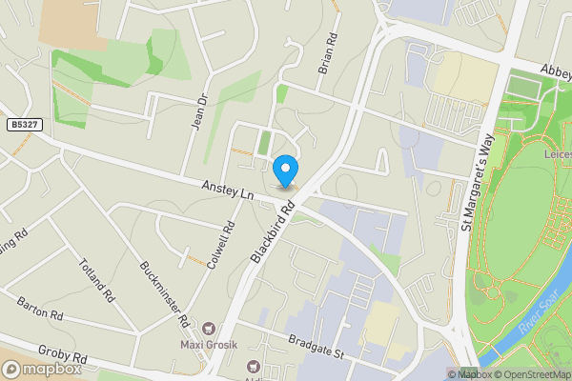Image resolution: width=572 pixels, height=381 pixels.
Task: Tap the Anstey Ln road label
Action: point(227,191)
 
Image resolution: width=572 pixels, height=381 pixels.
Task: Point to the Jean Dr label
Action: point(200,115)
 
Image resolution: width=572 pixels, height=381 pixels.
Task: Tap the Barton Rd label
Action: point(39,309)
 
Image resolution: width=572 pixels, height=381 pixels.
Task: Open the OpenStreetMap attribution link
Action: point(532,374)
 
